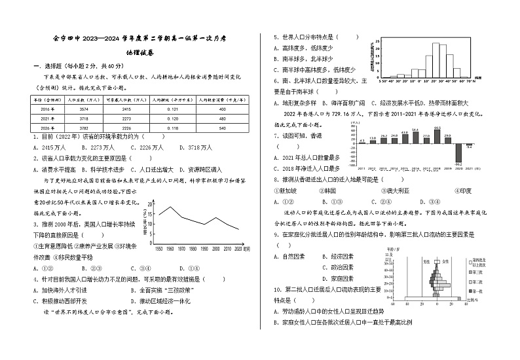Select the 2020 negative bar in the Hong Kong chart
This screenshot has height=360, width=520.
click(458, 154)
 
